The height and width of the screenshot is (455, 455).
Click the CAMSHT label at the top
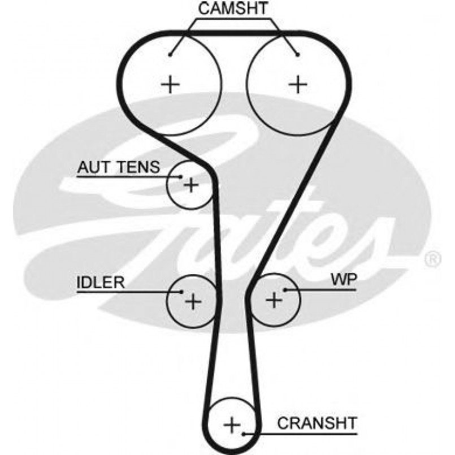233,8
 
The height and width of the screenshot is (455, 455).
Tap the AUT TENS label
119,167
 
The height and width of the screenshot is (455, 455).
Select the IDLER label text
100,282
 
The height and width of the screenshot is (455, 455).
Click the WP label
343,279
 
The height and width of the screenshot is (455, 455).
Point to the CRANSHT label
317,422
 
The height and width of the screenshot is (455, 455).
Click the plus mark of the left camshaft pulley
170,85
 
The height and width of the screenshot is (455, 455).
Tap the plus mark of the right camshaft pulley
298,85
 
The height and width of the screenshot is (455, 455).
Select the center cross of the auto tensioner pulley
192,185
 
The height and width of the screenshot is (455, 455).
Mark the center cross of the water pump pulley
274,299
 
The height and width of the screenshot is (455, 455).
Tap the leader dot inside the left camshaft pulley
170,54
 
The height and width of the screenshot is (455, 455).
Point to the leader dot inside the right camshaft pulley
297,54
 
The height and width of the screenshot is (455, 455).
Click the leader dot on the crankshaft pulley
244,434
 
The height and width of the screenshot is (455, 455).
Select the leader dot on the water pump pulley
286,290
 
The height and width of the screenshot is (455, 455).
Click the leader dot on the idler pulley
181,292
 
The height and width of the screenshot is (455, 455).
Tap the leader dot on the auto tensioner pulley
180,177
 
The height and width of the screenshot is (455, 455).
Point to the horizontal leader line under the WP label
322,290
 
